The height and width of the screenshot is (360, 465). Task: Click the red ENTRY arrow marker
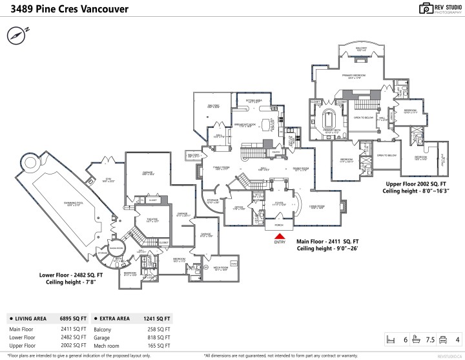click(x=279, y=237)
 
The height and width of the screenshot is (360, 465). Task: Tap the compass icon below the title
click(x=16, y=34)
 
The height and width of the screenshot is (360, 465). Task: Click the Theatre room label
click(x=152, y=220)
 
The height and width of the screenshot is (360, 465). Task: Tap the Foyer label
click(x=279, y=204)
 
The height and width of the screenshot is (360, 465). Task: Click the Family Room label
click(x=222, y=167)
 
